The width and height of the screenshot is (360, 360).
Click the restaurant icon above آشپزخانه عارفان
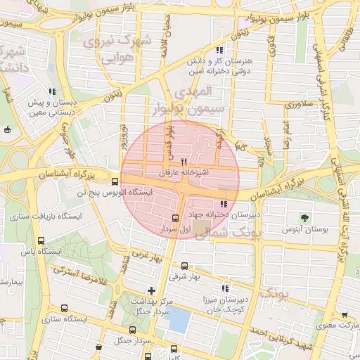tap(184, 160)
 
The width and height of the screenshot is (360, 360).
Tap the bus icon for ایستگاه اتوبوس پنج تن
tap(115, 181)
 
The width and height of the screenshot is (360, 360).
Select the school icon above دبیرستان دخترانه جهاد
tap(224, 204)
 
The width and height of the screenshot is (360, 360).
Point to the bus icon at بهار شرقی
tap(184, 266)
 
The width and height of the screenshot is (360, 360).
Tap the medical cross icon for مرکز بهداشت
tap(151, 290)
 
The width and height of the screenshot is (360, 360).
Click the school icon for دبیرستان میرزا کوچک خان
tap(225, 288)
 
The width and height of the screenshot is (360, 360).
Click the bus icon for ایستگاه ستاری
tap(65, 308)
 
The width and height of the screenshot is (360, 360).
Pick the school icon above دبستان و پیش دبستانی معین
tap(52, 91)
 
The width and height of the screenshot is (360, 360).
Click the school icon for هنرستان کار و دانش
tap(219, 51)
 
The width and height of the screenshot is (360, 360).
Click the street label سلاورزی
tap(282, 104)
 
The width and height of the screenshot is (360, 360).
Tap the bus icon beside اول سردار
tap(175, 218)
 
